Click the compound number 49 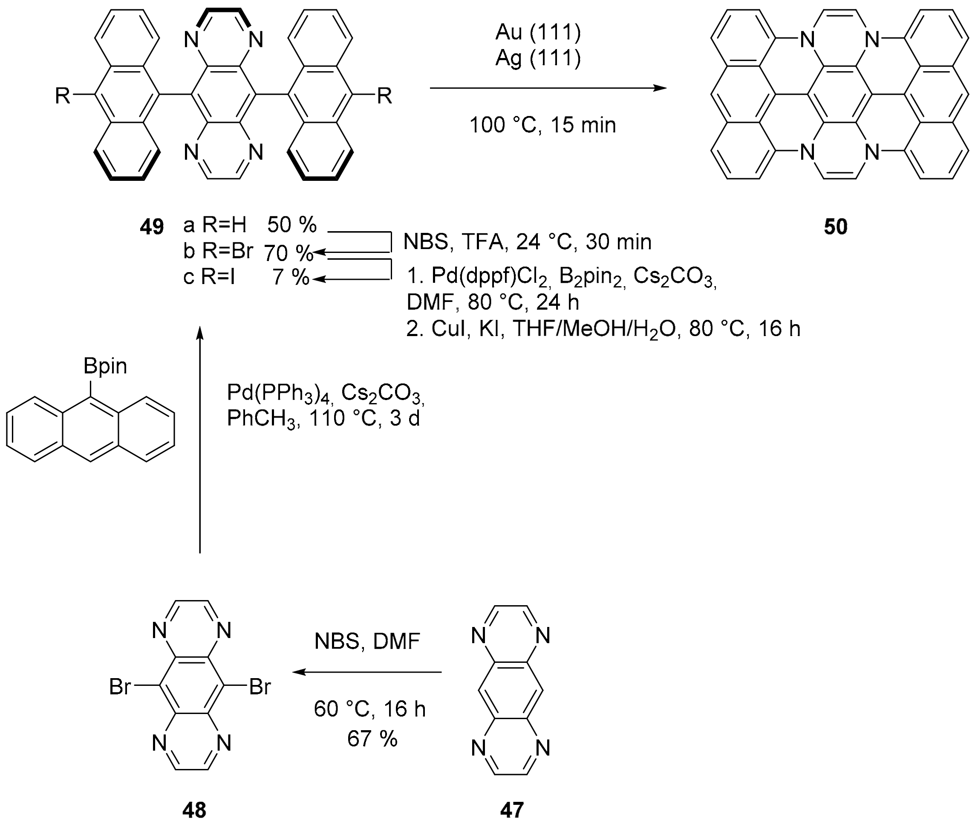[x=152, y=227]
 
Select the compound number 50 [x=836, y=227]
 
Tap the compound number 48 [x=194, y=810]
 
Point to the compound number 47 [x=511, y=810]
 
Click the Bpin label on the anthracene [x=105, y=366]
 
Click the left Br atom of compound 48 [x=120, y=687]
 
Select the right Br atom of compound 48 [x=260, y=687]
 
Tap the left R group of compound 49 [x=63, y=96]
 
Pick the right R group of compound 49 [x=384, y=96]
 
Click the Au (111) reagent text [x=538, y=32]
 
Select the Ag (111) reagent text [x=538, y=58]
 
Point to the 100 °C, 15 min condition [x=542, y=125]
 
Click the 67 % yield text [x=372, y=739]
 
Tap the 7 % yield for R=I [x=291, y=278]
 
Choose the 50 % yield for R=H [x=292, y=225]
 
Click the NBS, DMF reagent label [x=367, y=641]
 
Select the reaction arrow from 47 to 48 [x=367, y=672]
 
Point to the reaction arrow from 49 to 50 [x=548, y=88]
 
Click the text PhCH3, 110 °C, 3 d [x=323, y=418]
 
